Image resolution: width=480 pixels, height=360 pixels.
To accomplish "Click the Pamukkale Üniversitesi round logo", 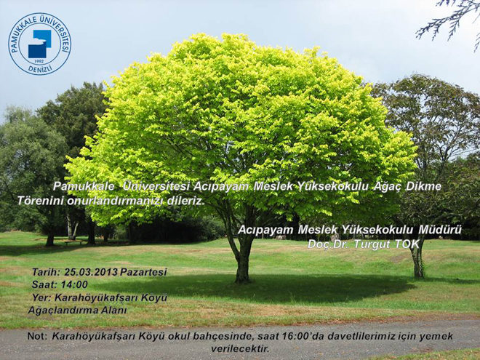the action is pos(40,44).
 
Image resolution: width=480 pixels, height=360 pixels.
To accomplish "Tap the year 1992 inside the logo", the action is pos(39,61).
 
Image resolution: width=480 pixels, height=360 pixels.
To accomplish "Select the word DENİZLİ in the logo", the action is pos(40,68).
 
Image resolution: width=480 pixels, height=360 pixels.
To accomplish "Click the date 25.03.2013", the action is pos(91,272).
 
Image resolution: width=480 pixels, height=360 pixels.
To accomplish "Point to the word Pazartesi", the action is pos(143,272).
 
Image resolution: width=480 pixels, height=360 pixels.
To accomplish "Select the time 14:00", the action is pos(74,284).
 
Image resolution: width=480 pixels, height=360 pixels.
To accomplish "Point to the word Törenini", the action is pos(41,201).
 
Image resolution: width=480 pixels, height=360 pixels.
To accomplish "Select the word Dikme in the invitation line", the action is pos(424,186).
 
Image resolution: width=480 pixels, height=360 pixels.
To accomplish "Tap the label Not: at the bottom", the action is pos(37,336).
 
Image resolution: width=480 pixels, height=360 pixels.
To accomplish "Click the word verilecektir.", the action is pos(240,348).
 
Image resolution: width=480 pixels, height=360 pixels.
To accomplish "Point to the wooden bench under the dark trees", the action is pos(73,242).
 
